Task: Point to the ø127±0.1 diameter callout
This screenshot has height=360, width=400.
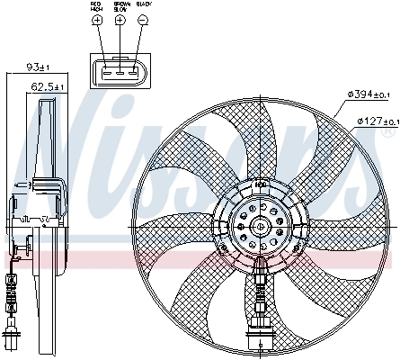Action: (378, 120)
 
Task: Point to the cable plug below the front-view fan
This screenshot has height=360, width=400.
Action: (259, 337)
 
